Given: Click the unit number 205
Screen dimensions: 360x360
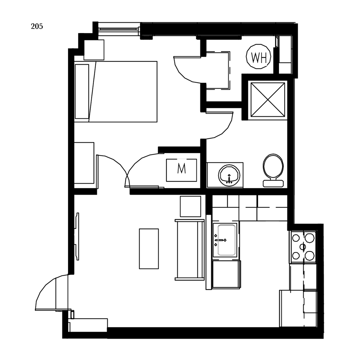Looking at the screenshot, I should [x=37, y=27].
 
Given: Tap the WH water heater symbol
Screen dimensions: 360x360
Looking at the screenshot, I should [x=259, y=57].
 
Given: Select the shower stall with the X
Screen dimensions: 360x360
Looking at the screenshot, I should [x=268, y=100].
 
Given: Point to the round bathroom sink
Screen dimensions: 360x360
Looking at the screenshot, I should [x=229, y=175].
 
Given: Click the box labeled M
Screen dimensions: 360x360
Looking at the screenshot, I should [x=181, y=170].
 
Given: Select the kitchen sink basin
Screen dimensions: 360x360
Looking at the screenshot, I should [x=227, y=240].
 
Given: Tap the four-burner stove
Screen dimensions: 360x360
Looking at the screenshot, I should [x=303, y=247].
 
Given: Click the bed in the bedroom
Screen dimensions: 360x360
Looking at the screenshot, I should [x=123, y=92].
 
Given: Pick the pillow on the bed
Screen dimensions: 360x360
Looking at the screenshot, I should [x=82, y=91].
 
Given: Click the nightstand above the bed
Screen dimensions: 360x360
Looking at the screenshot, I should [x=94, y=50].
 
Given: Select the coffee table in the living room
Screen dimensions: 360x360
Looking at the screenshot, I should [x=149, y=249].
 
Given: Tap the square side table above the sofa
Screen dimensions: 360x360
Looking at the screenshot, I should [x=190, y=206].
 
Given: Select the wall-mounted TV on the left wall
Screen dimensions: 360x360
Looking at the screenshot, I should [x=77, y=236].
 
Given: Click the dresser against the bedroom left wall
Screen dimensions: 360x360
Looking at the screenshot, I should [x=84, y=163].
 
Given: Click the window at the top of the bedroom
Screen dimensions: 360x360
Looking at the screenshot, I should [x=118, y=29].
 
